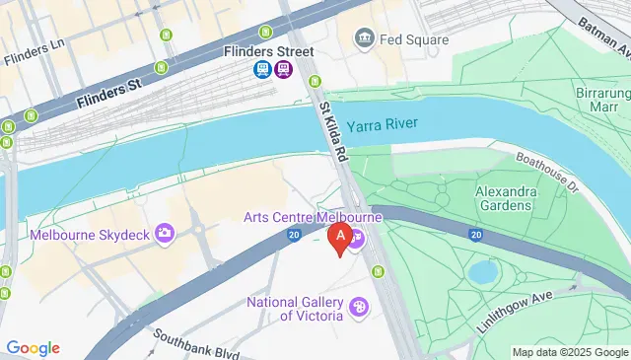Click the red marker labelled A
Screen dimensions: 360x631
click(x=341, y=238)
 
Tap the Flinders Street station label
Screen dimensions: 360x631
click(x=268, y=51)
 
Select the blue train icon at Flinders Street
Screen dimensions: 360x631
click(x=263, y=69)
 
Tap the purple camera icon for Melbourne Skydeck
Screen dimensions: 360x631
click(x=166, y=233)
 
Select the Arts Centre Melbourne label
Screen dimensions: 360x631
click(x=313, y=217)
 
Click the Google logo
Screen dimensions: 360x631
click(x=33, y=347)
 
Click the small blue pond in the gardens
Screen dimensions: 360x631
click(x=483, y=270)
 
